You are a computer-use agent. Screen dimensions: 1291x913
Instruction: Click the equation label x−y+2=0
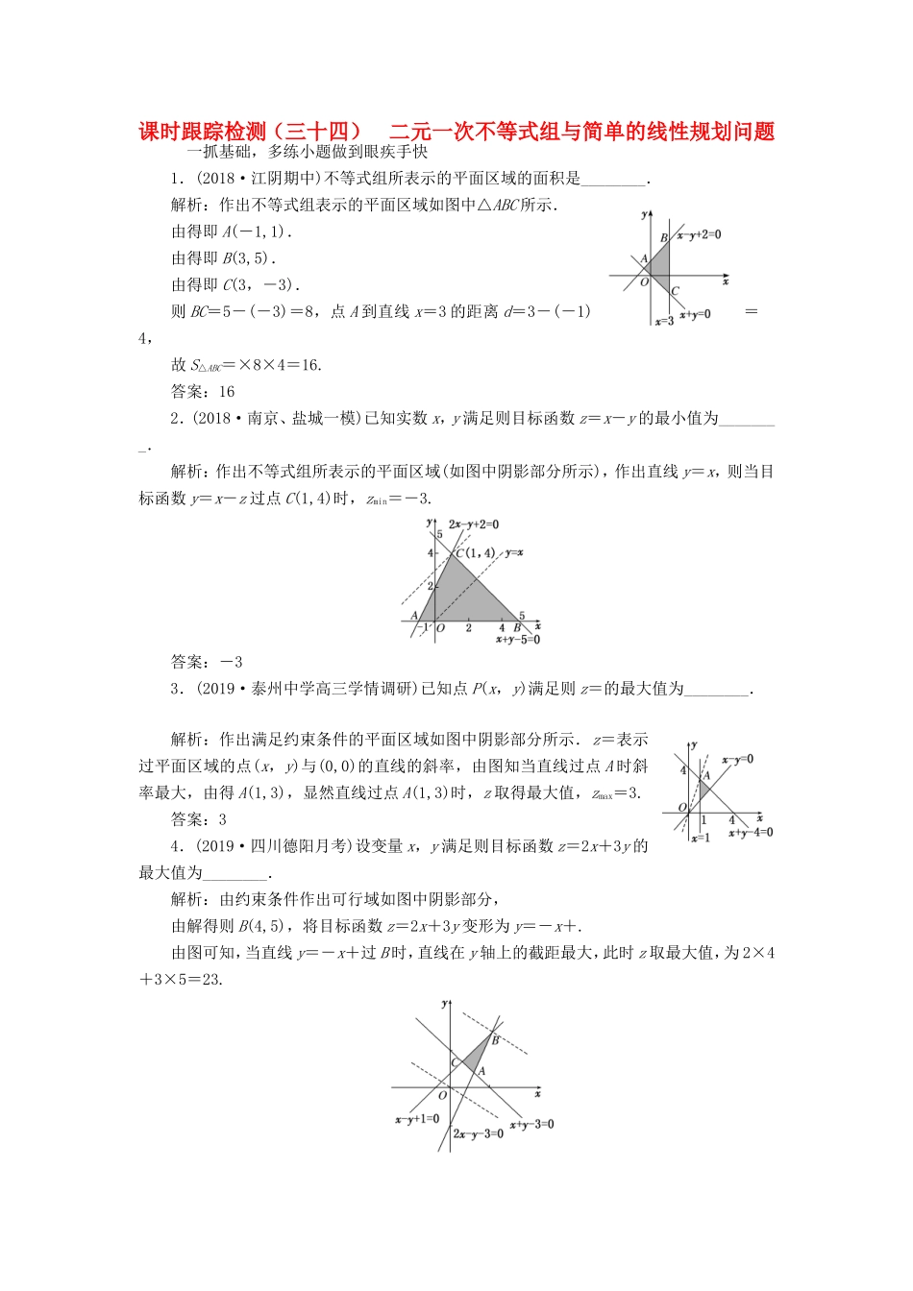(699, 234)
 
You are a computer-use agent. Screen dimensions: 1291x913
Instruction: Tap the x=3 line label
(664, 322)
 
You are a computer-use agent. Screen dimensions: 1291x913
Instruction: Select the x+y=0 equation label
(695, 314)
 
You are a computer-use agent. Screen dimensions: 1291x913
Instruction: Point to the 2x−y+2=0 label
(474, 524)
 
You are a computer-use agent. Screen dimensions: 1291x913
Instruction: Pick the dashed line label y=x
(514, 552)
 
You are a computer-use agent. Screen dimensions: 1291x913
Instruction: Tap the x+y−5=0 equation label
(518, 640)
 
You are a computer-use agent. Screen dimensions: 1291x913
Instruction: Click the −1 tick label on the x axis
(426, 627)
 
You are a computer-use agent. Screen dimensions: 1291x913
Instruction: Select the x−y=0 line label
(738, 759)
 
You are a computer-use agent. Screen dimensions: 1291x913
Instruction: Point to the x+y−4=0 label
(751, 832)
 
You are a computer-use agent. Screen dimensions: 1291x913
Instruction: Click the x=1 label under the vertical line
(700, 839)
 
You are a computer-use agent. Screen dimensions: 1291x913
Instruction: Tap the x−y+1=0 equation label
(417, 1119)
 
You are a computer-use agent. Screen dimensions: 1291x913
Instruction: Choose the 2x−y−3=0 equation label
(478, 1133)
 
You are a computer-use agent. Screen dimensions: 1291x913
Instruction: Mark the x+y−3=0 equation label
(531, 1124)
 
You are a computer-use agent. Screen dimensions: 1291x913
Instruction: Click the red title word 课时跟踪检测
(202, 132)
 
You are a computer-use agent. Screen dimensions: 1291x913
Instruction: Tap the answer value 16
(227, 391)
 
